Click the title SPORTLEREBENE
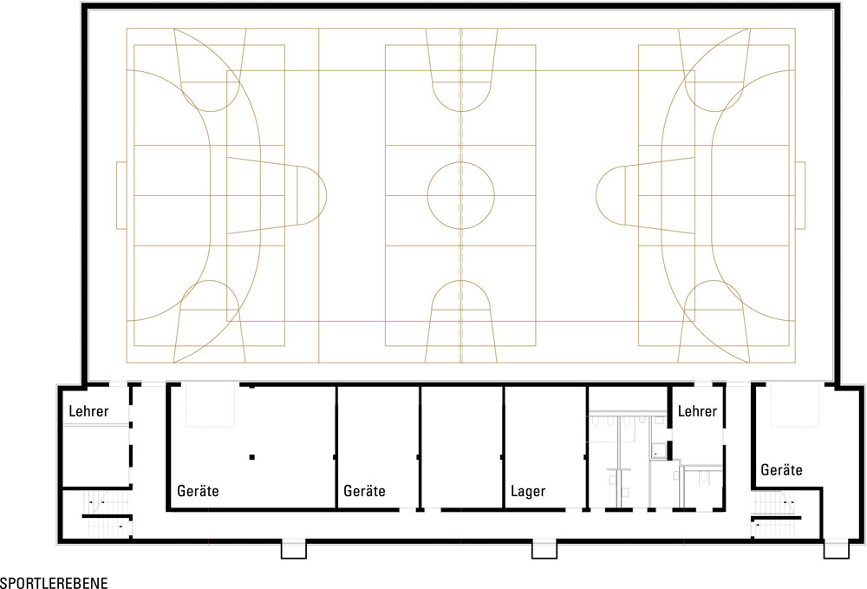(54, 582)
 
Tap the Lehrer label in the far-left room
(88, 411)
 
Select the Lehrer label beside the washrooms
(697, 411)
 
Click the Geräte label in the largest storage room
(198, 491)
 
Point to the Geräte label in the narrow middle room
(364, 491)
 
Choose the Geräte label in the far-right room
(781, 470)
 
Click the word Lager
(528, 491)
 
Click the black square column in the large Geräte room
(252, 457)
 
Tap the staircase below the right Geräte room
(774, 514)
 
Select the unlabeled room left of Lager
(462, 447)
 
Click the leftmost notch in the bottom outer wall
(294, 549)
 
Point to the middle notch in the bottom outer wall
(544, 549)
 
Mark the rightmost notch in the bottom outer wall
(836, 549)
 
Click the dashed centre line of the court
(461, 195)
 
